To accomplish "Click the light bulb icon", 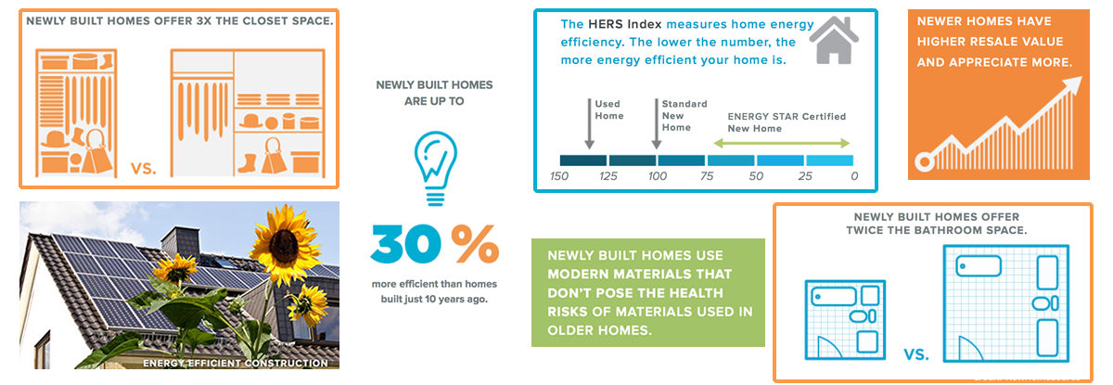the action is click(435, 168).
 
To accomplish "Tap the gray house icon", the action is click(834, 40).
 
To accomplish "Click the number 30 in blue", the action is click(405, 243).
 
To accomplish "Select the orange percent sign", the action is click(475, 243).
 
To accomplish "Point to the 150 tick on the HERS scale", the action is click(559, 176).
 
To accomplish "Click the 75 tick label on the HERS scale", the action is click(707, 176).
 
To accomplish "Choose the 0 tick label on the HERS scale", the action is click(854, 176).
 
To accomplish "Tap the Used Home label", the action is click(609, 109).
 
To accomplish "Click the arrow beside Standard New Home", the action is click(657, 123).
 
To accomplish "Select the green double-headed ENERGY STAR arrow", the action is click(782, 144).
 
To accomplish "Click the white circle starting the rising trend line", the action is click(925, 161).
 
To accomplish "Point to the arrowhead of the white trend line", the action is click(1073, 84).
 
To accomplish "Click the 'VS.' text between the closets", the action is click(144, 169).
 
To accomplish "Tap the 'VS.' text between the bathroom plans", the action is click(916, 354).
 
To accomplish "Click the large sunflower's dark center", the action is click(285, 245).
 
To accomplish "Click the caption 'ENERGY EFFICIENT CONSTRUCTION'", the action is click(236, 363).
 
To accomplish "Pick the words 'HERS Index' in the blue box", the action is click(624, 24).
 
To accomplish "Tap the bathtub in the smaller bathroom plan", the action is click(834, 297).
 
